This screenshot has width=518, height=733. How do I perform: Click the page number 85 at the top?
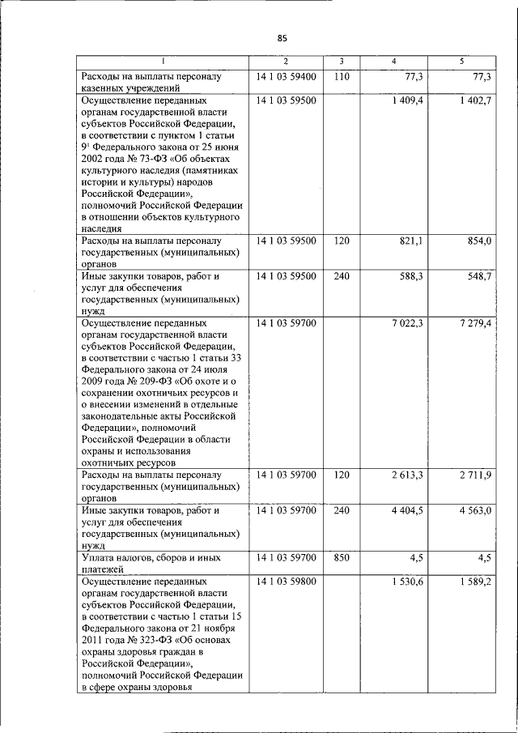282,38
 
